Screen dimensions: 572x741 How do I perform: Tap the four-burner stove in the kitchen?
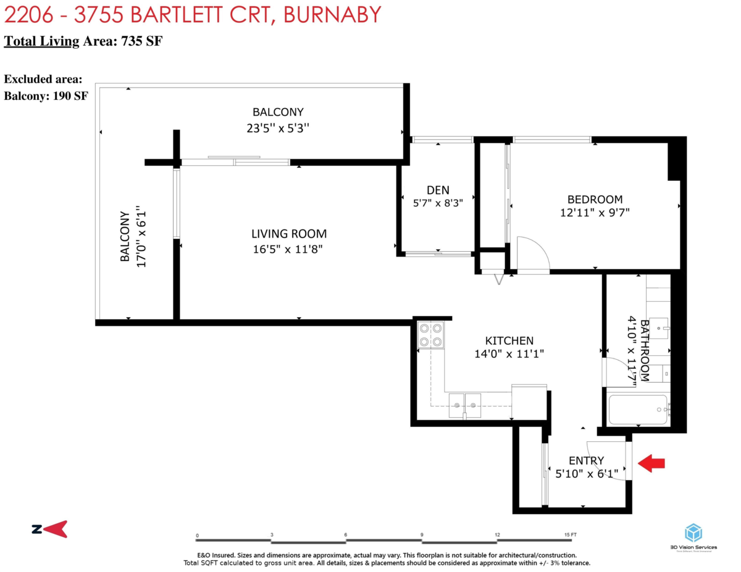[x=430, y=334]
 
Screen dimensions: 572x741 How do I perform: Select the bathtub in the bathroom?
[x=638, y=409]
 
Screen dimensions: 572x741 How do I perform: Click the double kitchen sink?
[x=465, y=404]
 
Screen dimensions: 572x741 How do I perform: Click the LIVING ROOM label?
[x=289, y=234]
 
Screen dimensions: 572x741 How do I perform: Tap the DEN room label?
[x=438, y=189]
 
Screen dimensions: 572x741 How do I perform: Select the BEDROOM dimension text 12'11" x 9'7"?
[x=595, y=213]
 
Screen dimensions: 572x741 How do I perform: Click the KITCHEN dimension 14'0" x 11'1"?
[x=509, y=354]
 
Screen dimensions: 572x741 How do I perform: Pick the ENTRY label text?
[x=586, y=460]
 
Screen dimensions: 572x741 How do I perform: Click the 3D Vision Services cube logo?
[x=695, y=533]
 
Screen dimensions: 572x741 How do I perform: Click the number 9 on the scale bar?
[x=422, y=535]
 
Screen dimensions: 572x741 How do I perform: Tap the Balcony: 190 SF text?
[x=46, y=96]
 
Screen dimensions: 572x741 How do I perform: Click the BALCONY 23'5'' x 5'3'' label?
[x=278, y=120]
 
